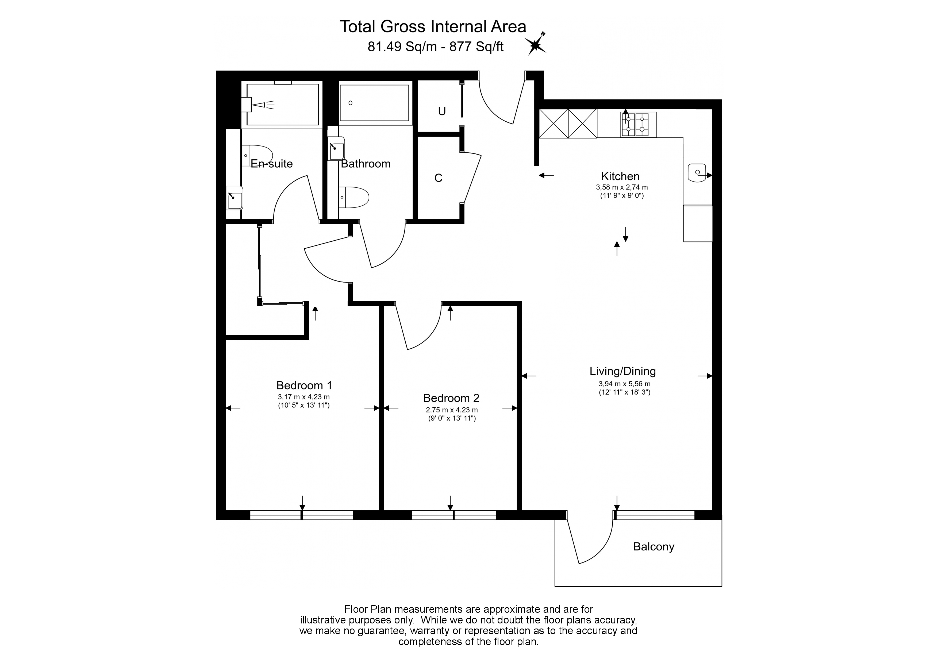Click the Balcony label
click(x=654, y=547)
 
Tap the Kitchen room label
click(x=620, y=176)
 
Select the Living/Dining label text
click(x=622, y=371)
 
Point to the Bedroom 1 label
click(x=304, y=385)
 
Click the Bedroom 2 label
click(x=451, y=398)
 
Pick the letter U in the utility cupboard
click(x=442, y=111)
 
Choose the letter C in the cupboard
click(x=438, y=178)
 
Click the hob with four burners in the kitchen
click(x=638, y=124)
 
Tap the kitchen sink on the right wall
click(x=697, y=173)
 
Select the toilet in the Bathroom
click(x=354, y=197)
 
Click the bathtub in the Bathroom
click(x=374, y=103)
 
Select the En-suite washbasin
click(x=234, y=198)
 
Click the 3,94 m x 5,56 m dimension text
click(x=625, y=384)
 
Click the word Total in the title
click(x=358, y=26)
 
